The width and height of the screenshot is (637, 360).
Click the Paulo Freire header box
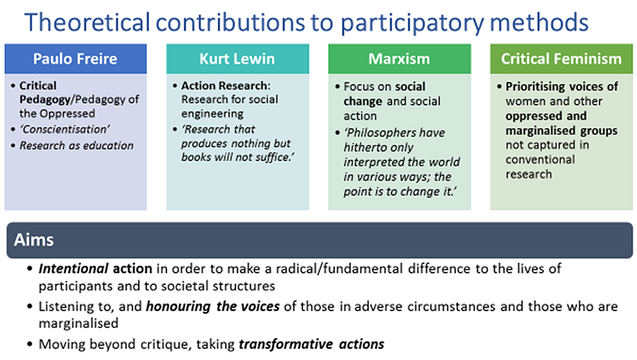76,59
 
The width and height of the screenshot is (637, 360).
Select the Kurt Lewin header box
238,59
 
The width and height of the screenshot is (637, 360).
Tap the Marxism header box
399,59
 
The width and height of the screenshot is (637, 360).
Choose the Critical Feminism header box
561,59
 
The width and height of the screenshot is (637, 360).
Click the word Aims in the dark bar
34,240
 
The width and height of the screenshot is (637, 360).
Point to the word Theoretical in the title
87,23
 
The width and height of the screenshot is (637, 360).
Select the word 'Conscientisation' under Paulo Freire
64,129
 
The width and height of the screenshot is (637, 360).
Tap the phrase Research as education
76,145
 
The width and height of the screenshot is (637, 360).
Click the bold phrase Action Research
224,86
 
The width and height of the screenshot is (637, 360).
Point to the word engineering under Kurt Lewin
213,114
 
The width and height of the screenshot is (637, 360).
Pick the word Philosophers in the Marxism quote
394,133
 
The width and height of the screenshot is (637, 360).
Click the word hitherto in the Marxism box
367,147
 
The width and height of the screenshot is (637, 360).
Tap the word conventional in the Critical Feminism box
540,159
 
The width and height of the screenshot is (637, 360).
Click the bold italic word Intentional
73,269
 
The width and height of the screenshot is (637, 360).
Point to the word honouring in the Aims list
178,306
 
